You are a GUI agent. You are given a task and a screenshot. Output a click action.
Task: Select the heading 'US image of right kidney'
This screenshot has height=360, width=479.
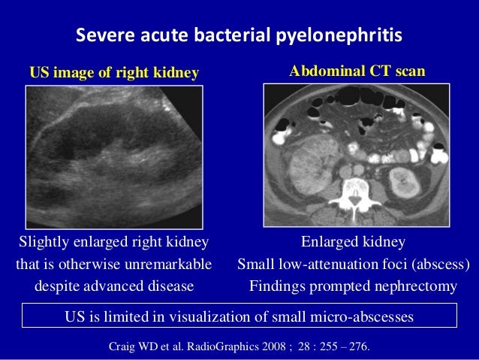(113, 73)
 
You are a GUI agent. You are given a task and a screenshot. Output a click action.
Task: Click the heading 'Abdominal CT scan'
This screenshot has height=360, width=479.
(357, 71)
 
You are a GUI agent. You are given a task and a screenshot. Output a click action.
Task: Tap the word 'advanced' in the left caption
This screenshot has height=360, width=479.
(110, 286)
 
